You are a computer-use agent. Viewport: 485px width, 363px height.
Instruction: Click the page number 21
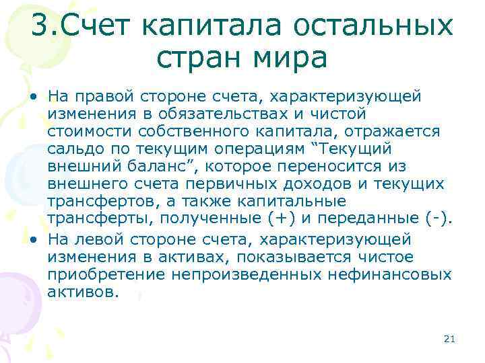click(x=450, y=339)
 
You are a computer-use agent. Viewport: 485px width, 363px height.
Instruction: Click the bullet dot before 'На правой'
click(x=33, y=96)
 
